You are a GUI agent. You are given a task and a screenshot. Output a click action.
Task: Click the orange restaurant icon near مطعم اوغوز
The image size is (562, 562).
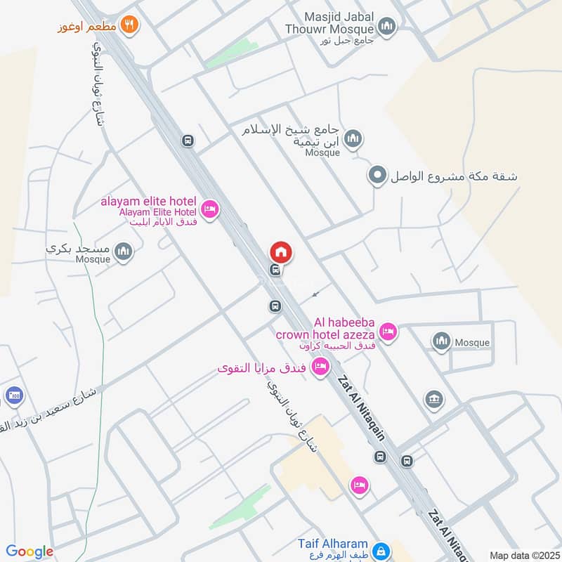[x=129, y=25]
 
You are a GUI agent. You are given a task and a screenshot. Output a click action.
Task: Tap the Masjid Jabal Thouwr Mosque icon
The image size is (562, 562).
[x=386, y=27]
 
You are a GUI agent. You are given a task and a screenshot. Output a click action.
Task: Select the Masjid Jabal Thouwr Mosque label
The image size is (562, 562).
[x=330, y=22]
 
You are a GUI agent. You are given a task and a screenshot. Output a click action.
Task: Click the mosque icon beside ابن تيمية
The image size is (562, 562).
[x=353, y=139]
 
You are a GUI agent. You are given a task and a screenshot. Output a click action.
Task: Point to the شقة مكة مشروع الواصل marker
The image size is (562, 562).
[x=378, y=176]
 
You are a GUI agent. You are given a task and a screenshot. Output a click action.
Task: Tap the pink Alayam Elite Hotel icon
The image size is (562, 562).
[x=209, y=209]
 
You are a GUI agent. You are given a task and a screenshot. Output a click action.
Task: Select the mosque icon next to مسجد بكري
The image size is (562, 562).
[x=124, y=251]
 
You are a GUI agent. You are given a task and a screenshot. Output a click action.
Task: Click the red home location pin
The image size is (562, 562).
[x=280, y=251]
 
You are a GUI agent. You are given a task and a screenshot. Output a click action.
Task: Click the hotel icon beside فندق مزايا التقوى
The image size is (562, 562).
[x=320, y=366]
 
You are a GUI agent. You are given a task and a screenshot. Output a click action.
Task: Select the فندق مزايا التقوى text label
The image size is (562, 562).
[x=263, y=367]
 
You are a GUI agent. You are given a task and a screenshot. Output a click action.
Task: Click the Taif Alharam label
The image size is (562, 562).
[x=332, y=544]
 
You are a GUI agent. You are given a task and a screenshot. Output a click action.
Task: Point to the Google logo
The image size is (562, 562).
[x=30, y=551]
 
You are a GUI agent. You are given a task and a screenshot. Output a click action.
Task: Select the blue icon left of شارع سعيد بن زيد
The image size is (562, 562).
[x=13, y=396]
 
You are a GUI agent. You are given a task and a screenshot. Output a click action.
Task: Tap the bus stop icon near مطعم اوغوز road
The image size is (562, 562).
[x=188, y=140]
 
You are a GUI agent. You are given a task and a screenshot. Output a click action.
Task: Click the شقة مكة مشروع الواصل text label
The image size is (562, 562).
[x=454, y=176]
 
